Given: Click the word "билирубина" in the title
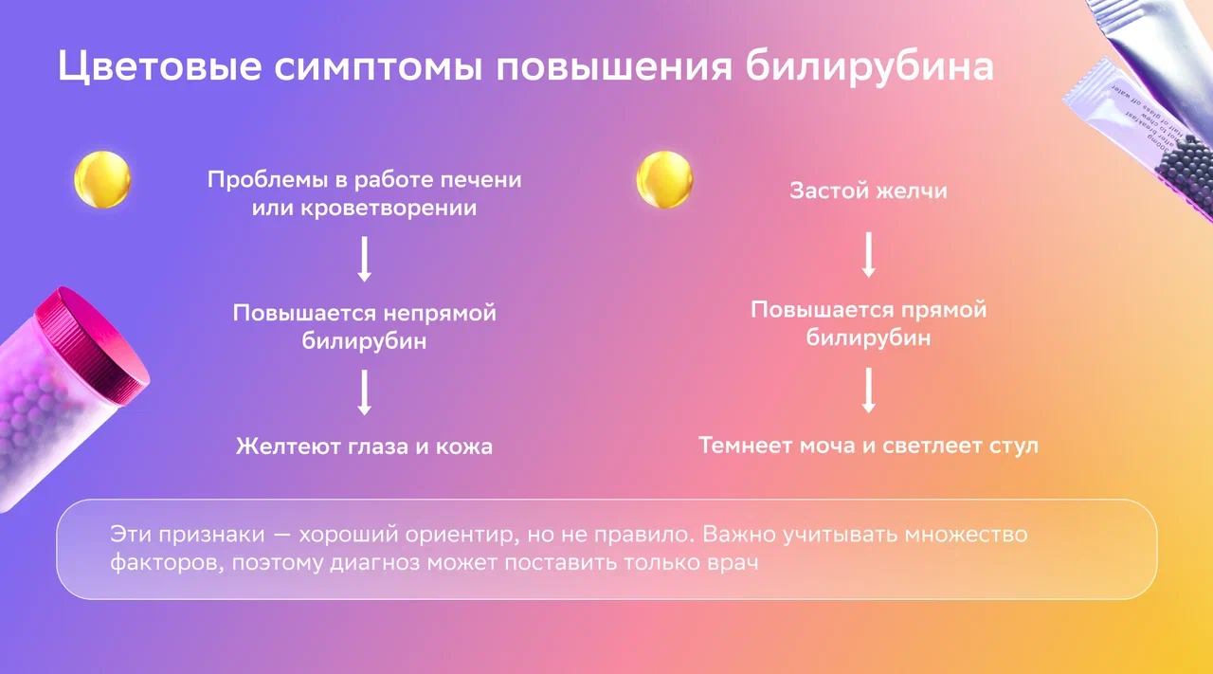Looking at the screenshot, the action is pyautogui.click(x=870, y=67).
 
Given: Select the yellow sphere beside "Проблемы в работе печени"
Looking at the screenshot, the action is pyautogui.click(x=102, y=179).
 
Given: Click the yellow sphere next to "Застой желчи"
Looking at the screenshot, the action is pyautogui.click(x=664, y=179).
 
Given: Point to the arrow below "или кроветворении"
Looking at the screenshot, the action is pyautogui.click(x=365, y=259).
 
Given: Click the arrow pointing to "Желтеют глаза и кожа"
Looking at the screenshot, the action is pyautogui.click(x=365, y=392).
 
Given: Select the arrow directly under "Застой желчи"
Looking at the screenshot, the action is pyautogui.click(x=869, y=255).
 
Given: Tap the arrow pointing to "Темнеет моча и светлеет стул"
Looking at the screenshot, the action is pyautogui.click(x=869, y=391).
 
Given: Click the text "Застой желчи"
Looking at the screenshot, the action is pyautogui.click(x=869, y=191).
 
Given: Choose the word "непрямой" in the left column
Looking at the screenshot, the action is pyautogui.click(x=440, y=314).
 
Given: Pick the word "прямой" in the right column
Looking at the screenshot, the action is pyautogui.click(x=944, y=310).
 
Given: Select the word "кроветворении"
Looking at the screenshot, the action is pyautogui.click(x=389, y=208).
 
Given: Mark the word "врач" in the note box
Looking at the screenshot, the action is pyautogui.click(x=733, y=563).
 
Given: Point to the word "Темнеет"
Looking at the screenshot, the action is pyautogui.click(x=745, y=446).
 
